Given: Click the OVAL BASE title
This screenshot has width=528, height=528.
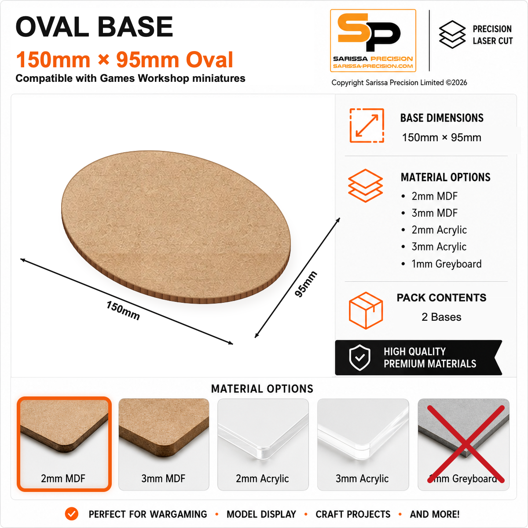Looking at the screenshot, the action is tap(94, 26).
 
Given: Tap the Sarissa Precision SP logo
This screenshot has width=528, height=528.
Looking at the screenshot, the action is tap(373, 40).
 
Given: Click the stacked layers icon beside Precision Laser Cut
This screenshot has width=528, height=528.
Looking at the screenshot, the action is tap(452, 34).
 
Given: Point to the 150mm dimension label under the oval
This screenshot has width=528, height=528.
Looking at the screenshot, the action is tap(123, 311).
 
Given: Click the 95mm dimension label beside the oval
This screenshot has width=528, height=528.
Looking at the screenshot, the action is tap(306, 284).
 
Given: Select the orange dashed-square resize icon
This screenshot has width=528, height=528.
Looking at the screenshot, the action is tap(367, 125).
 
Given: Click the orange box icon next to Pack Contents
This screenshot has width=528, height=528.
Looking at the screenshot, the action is tap(366, 310).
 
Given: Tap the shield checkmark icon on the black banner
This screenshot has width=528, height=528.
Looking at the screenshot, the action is tap(359, 358).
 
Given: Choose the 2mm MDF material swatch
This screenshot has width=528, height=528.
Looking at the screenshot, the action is tap(64, 444).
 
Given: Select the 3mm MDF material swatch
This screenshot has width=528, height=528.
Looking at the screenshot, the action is tap(164, 444).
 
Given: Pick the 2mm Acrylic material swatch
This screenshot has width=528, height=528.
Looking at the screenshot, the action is tap(263, 444).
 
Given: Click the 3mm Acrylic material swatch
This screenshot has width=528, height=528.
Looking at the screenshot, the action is tap(363, 444).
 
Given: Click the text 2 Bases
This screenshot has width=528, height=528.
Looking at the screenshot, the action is tap(441, 317).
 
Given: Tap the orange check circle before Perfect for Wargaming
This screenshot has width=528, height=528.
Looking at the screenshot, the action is tap(72, 514).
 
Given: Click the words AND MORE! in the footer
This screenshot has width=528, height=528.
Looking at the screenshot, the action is tap(435, 514).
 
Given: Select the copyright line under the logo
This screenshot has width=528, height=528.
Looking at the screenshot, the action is tap(399, 82).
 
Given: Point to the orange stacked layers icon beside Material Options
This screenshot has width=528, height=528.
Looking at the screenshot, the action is tap(365, 186).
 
